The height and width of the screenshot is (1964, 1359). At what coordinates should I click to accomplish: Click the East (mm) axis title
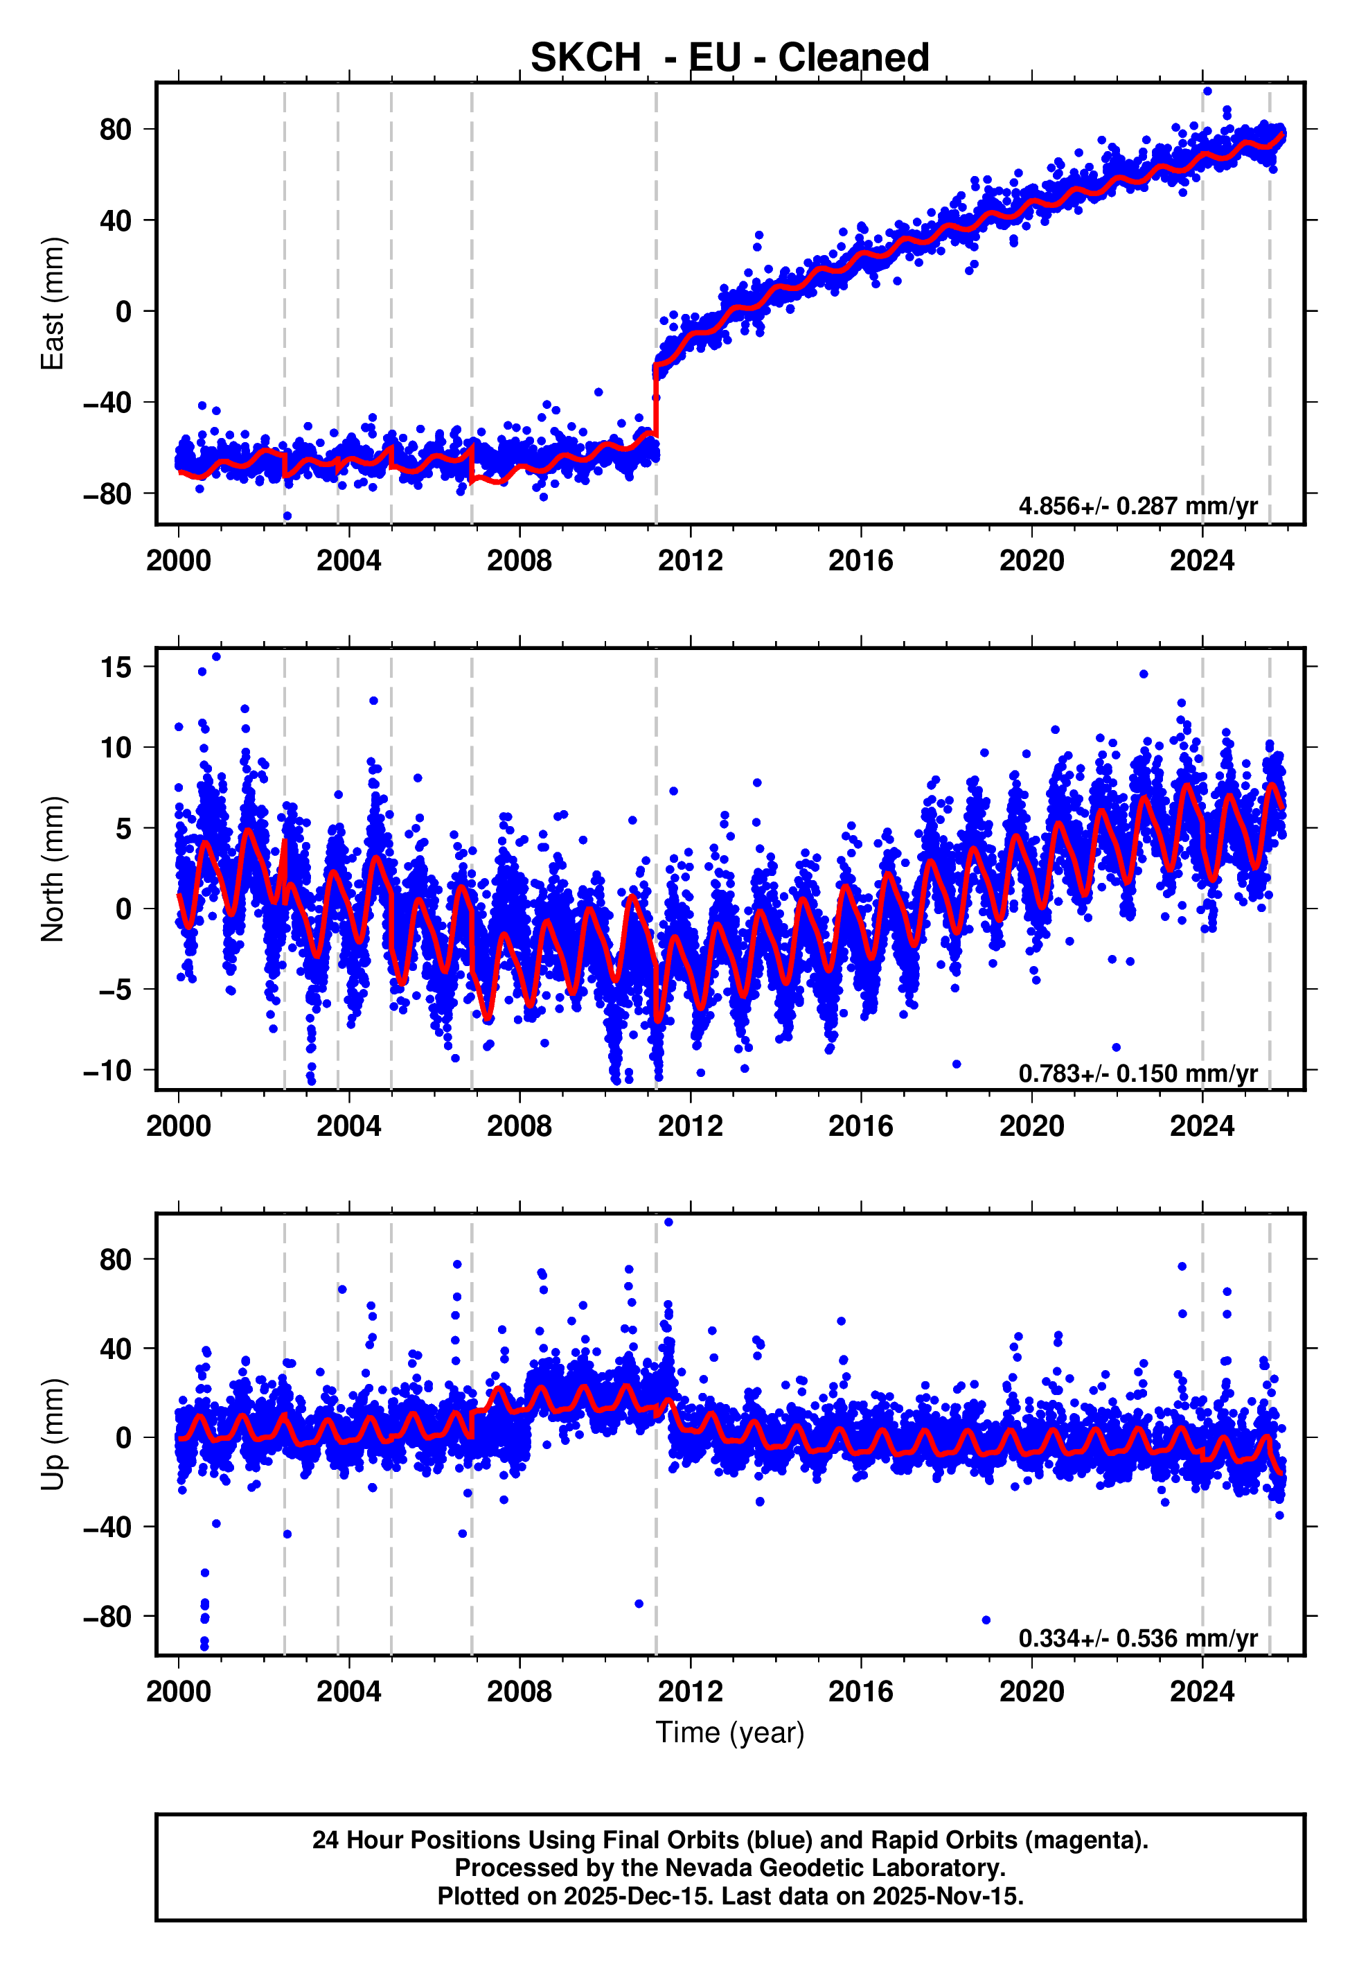(53, 304)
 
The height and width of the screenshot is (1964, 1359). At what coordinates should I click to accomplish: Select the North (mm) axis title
(53, 869)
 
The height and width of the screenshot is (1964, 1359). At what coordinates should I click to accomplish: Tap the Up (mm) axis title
(53, 1435)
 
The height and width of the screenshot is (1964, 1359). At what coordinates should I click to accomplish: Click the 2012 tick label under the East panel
(690, 561)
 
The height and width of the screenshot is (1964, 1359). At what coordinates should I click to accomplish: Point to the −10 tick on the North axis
(107, 1071)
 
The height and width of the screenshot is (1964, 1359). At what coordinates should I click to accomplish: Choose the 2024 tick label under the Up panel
(1202, 1692)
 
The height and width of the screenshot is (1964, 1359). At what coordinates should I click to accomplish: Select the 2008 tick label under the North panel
(519, 1126)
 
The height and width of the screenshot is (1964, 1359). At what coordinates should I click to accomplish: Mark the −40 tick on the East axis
(107, 402)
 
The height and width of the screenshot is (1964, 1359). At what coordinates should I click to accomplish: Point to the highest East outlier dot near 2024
(1207, 91)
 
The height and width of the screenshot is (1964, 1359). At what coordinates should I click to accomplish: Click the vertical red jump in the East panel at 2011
(656, 401)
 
